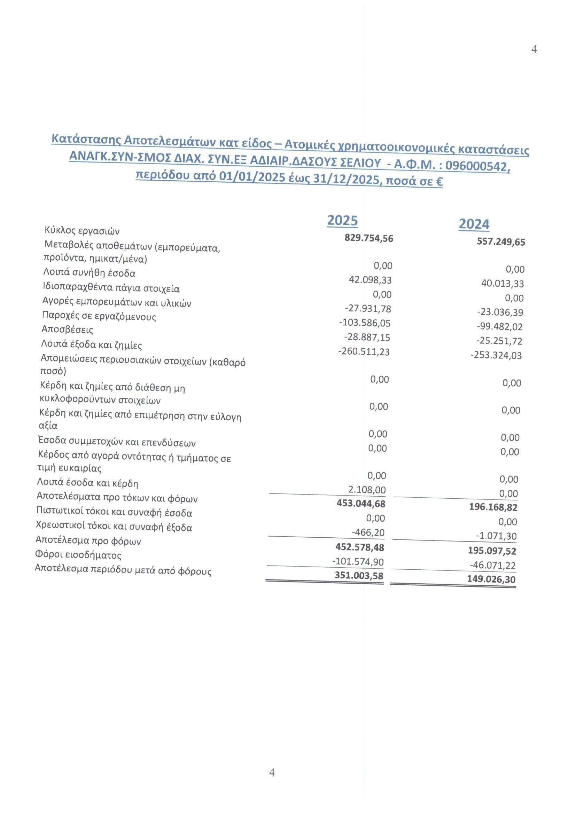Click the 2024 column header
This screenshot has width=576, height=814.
click(x=474, y=224)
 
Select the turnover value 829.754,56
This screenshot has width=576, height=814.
click(x=369, y=238)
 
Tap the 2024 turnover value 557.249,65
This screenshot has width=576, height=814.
click(x=501, y=242)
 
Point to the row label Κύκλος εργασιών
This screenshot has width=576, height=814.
click(x=82, y=231)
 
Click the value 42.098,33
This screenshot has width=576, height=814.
click(x=370, y=280)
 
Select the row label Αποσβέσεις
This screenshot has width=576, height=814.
click(x=68, y=330)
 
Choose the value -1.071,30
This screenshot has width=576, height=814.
click(x=496, y=536)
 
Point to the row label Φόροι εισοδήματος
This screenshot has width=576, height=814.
click(x=78, y=554)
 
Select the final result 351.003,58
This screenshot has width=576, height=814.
click(x=359, y=575)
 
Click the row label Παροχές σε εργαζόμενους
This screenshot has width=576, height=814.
click(x=99, y=316)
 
